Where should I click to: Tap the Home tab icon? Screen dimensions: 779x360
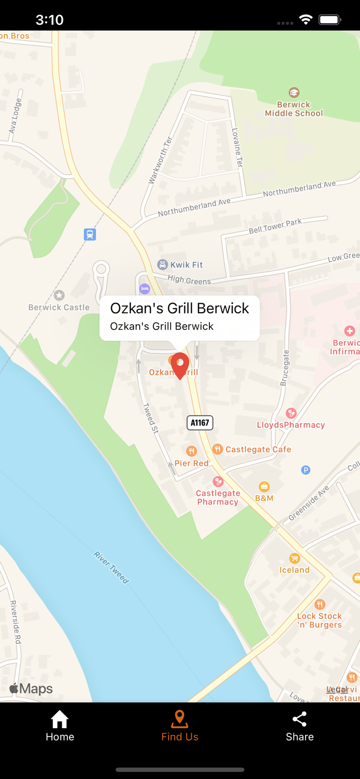[x=60, y=719]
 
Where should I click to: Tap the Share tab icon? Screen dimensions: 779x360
[x=300, y=719]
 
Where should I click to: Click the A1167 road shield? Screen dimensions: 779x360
[x=200, y=423]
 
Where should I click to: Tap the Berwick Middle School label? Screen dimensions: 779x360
[x=294, y=109]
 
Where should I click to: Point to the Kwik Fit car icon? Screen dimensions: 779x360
[x=163, y=265]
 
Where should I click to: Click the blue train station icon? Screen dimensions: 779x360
[x=90, y=234]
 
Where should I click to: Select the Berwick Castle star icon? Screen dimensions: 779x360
[x=59, y=296]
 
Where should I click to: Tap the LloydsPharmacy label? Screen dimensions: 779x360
[x=291, y=425]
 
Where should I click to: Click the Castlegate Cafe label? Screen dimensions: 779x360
[x=258, y=449]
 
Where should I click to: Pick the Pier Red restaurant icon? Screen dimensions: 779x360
[x=192, y=451]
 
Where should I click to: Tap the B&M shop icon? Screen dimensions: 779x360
[x=264, y=487]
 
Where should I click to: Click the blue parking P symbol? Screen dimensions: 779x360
[x=306, y=470]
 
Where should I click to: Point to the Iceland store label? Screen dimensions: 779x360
[x=295, y=570]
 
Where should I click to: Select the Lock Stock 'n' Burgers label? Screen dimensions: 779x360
[x=319, y=620]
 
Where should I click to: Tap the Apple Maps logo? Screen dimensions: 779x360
[x=31, y=689]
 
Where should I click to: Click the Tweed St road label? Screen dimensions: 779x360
[x=150, y=418]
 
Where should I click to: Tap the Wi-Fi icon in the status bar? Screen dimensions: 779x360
[x=306, y=20]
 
